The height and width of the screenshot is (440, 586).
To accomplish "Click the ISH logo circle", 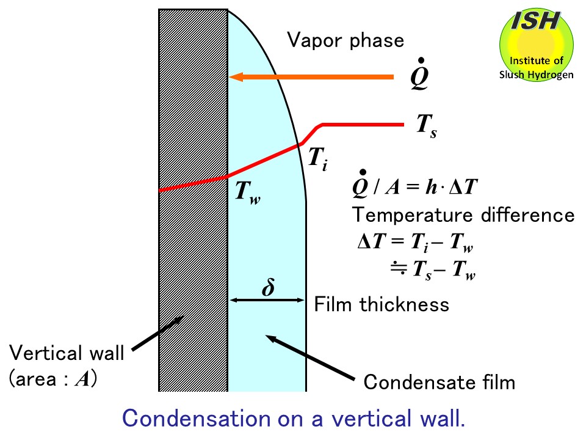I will coord(536,46).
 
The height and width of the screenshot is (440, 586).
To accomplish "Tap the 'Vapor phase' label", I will coord(346,40).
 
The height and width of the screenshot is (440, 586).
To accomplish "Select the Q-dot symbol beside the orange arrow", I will coord(419,78).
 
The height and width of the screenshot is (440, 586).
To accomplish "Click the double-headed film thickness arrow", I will coord(268,300).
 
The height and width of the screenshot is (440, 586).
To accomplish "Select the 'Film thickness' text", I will coord(382,304).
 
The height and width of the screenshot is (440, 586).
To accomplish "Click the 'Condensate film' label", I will coord(440,383).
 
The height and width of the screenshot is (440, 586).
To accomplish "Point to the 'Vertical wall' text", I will coord(67,353).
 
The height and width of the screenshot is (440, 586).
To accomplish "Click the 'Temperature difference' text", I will coord(463,215).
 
